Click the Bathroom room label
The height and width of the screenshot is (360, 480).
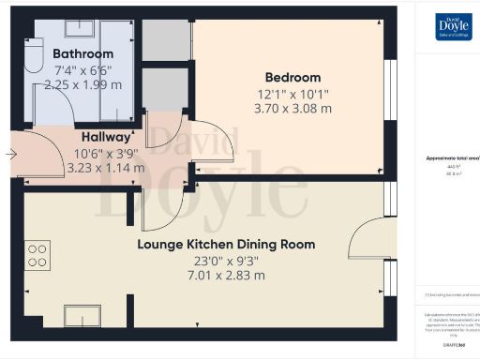pos(83,54)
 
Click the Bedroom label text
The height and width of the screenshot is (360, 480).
pos(292,78)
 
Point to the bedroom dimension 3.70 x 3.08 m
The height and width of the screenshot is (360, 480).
pos(292,108)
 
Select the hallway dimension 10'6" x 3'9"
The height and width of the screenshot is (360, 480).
pos(105,153)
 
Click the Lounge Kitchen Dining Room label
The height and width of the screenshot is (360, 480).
pos(226,245)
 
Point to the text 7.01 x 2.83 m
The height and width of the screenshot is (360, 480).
pos(226,276)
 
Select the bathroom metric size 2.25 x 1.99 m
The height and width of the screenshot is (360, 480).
pos(82,83)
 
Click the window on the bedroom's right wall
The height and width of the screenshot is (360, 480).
pos(390,89)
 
